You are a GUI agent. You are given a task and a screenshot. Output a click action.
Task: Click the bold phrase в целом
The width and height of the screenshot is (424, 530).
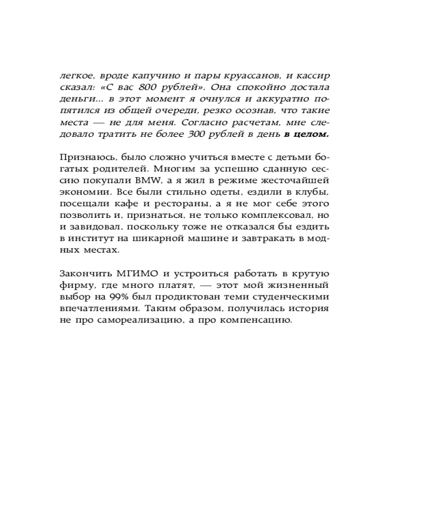click(306, 134)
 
